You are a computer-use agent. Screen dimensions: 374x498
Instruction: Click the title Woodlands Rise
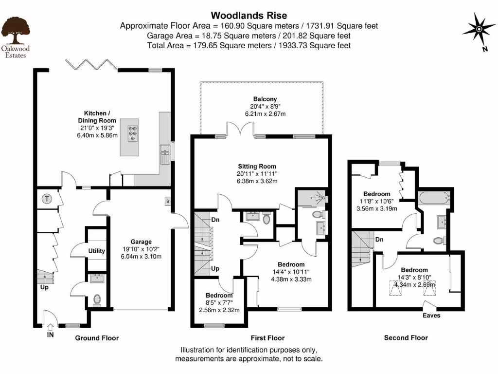[249, 16]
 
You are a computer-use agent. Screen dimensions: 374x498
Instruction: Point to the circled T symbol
[47, 199]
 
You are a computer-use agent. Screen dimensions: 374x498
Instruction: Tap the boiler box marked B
[168, 201]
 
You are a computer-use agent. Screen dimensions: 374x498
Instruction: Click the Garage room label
[141, 242]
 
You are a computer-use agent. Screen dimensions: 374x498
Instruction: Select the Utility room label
[97, 251]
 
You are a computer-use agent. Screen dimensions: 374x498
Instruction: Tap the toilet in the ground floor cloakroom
[96, 299]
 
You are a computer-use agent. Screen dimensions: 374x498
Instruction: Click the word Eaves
[431, 316]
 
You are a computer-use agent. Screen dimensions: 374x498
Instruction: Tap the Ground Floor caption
[97, 338]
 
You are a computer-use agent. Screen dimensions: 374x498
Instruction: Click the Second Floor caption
[406, 337]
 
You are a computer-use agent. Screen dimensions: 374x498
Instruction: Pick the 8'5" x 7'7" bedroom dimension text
[219, 302]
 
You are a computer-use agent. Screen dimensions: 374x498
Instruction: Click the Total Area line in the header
[249, 45]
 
